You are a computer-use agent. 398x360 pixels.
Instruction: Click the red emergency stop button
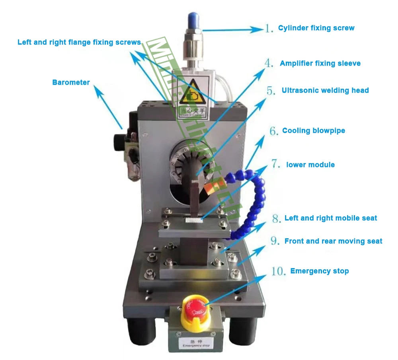pos(194,308)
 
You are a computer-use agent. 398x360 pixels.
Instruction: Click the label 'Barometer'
pos(71,83)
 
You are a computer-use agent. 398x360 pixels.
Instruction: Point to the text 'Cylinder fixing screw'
pos(316,28)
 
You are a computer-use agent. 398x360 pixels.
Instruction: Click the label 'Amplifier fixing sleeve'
pos(320,63)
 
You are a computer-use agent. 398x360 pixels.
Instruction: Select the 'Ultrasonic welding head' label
pos(325,90)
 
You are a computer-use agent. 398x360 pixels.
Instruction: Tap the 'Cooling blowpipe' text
pos(314,130)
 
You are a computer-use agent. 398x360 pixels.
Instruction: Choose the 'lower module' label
pos(310,165)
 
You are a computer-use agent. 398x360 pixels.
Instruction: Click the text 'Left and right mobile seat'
pos(331,218)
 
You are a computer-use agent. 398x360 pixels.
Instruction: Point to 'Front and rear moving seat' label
pos(333,241)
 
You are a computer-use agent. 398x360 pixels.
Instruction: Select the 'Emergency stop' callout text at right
pos(320,271)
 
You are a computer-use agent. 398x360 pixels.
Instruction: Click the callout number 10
pos(278,271)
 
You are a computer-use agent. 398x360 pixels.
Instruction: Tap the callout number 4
pos(269,63)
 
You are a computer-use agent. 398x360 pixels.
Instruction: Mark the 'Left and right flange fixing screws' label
pos(79,42)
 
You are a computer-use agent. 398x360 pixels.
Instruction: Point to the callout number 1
pos(269,28)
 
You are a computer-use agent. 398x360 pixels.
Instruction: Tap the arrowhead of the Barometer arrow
pos(97,91)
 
